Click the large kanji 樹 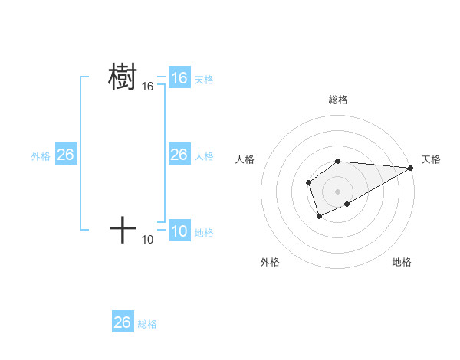click(123, 77)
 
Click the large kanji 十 click(123, 229)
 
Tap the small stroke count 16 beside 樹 click(148, 87)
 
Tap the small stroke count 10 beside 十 click(148, 240)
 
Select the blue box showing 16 click(179, 78)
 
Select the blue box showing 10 click(179, 231)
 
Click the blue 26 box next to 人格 click(179, 155)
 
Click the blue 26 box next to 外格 click(65, 155)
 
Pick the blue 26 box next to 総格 click(123, 322)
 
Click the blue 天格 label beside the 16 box click(204, 80)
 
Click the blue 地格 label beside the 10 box click(204, 233)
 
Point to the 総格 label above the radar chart click(338, 100)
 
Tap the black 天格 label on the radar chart click(432, 159)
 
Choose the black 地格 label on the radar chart click(402, 262)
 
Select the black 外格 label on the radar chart click(270, 262)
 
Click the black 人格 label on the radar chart click(245, 159)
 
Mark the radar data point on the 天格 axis click(411, 168)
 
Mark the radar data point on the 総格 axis click(338, 161)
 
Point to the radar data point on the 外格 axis click(320, 217)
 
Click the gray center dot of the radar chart click(338, 191)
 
